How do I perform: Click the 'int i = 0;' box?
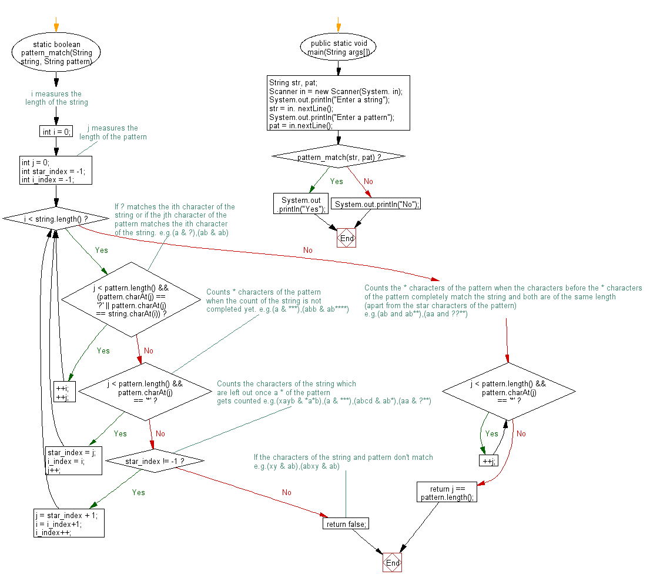point(56,132)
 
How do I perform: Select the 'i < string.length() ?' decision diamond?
point(56,219)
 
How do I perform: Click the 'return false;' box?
point(346,523)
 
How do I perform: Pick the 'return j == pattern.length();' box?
point(447,492)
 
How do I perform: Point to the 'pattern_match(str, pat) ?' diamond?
point(339,158)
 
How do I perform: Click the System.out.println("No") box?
point(376,204)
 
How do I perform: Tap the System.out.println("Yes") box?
point(300,204)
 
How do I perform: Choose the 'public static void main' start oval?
point(338,48)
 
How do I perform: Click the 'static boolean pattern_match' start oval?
point(56,52)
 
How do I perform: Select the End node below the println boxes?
point(347,239)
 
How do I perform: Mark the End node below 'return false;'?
point(393,563)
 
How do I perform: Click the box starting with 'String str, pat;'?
point(338,104)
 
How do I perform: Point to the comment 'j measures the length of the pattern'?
point(113,132)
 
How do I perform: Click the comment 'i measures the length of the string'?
point(56,98)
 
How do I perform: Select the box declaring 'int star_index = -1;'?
point(56,171)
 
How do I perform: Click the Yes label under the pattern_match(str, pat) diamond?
point(336,181)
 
